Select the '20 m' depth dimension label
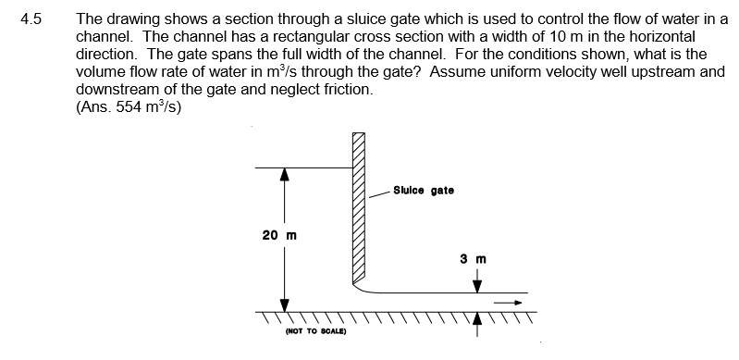(x=278, y=235)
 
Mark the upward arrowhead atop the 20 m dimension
(x=285, y=176)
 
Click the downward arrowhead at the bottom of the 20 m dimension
(x=285, y=304)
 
